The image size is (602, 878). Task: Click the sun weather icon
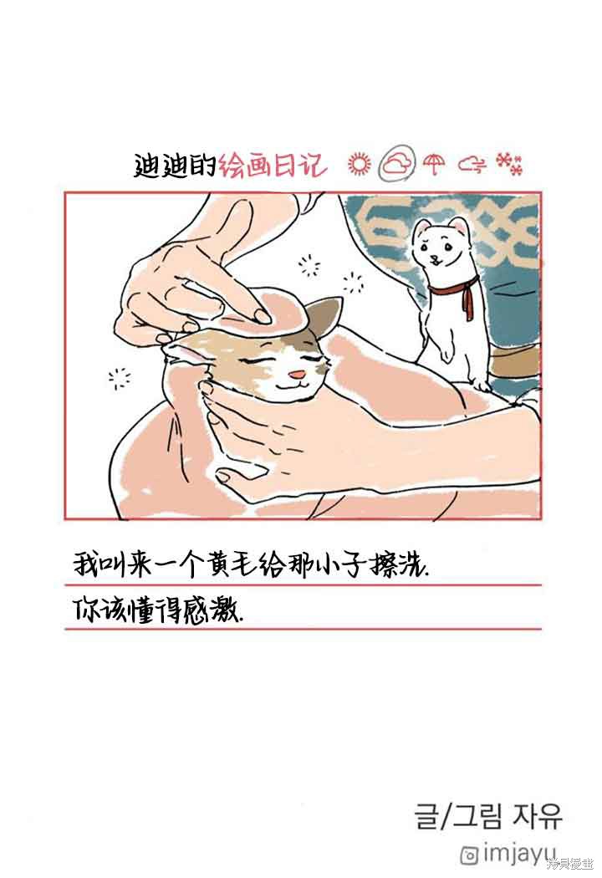click(359, 164)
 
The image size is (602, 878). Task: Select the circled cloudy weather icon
click(397, 163)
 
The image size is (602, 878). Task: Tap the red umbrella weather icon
click(434, 164)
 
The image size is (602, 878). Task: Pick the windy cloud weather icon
click(472, 164)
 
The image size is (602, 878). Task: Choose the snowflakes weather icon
click(509, 164)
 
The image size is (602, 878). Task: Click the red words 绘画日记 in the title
click(273, 165)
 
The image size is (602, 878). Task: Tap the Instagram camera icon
click(469, 855)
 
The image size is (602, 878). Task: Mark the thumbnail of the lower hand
click(225, 477)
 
